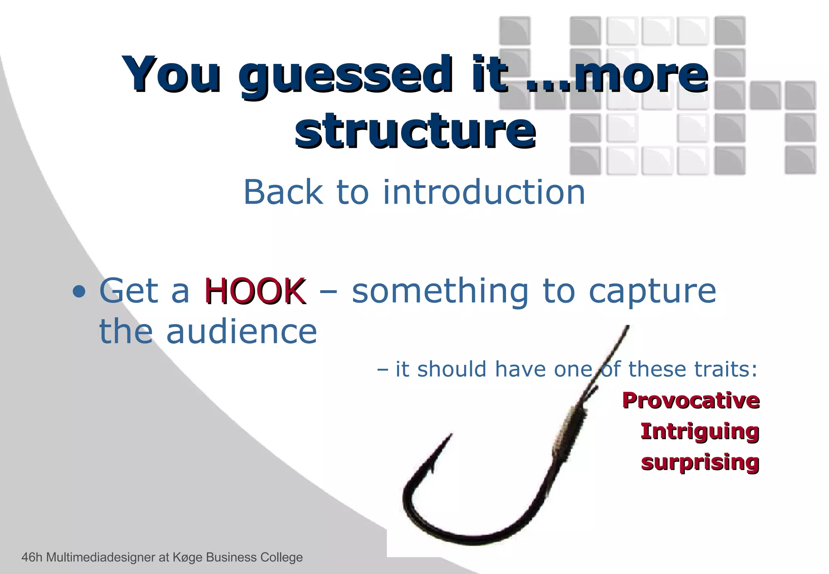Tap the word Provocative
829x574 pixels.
691,400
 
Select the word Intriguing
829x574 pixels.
699,431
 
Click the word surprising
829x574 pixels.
700,462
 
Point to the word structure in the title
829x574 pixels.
415,130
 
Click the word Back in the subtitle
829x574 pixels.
283,192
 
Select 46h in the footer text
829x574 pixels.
32,557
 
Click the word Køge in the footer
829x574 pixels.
187,557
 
